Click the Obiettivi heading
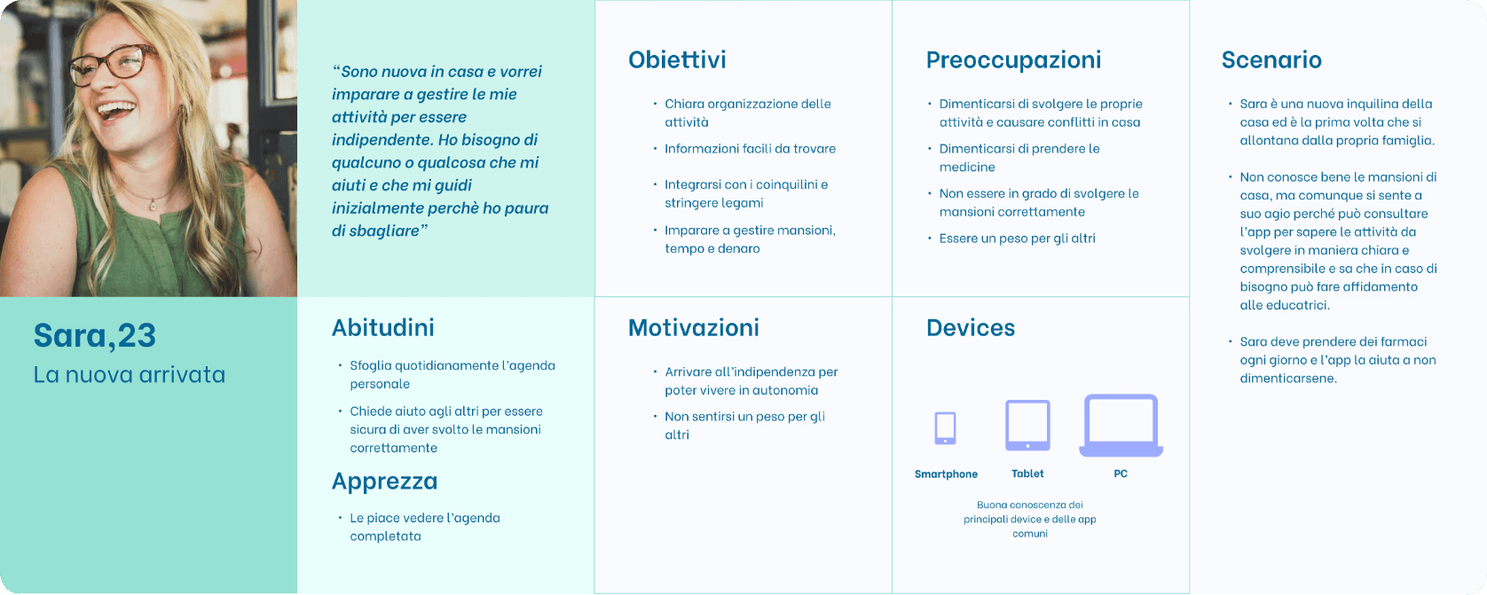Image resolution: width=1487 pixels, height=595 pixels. (677, 59)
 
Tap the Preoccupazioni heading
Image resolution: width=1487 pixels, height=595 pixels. (1014, 60)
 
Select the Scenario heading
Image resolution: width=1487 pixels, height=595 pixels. (1271, 59)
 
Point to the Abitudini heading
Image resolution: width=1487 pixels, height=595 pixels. (383, 328)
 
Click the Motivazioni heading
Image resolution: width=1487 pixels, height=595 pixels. (694, 328)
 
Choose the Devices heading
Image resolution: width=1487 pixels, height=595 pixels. (971, 328)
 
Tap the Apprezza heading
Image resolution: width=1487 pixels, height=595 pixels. (385, 481)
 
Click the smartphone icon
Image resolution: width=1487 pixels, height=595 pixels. (945, 427)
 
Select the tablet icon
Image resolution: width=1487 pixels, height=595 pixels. (1027, 425)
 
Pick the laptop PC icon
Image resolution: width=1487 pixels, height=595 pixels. (1121, 425)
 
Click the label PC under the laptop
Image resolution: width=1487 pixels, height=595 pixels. (1121, 474)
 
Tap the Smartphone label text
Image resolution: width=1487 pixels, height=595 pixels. (946, 474)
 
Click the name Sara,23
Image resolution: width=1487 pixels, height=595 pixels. (95, 335)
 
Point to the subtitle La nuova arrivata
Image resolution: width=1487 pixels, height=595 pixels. (130, 375)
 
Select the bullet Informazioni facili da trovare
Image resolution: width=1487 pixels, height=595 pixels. (750, 149)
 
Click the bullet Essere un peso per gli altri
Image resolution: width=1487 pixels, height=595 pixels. (1017, 239)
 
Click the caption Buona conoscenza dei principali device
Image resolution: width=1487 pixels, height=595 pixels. (1029, 512)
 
